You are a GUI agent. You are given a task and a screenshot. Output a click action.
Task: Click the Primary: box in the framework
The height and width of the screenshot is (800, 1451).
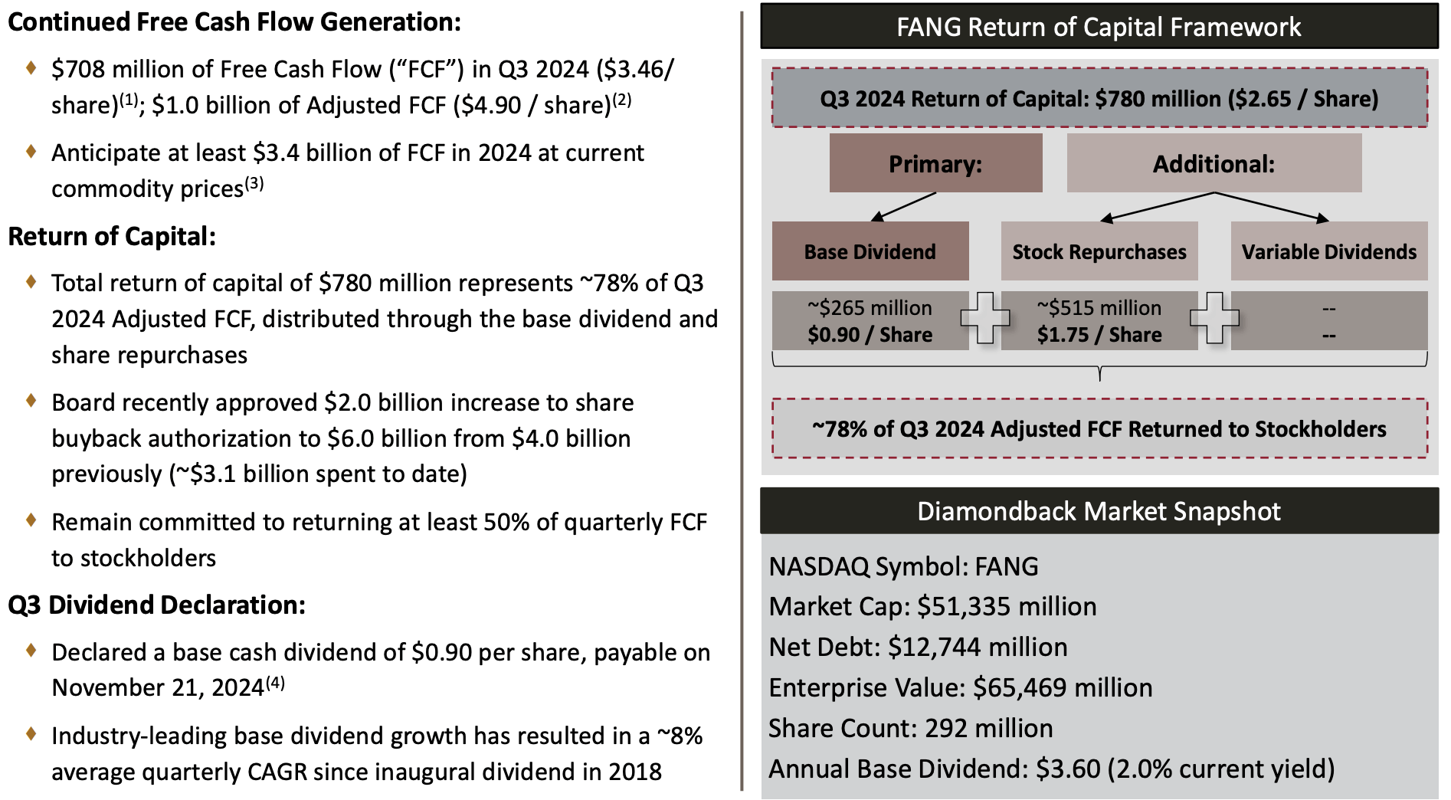click(x=935, y=163)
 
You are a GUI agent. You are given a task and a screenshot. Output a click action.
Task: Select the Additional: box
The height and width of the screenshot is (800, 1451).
click(x=1214, y=163)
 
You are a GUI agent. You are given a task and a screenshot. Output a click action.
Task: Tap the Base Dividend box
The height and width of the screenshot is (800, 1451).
click(x=870, y=251)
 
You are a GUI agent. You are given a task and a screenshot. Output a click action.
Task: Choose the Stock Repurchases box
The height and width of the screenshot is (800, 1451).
click(x=1099, y=251)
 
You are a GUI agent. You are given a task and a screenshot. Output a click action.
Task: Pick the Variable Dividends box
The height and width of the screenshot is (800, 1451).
click(x=1328, y=251)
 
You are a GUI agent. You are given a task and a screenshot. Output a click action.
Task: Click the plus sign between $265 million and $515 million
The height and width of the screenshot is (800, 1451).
click(x=985, y=317)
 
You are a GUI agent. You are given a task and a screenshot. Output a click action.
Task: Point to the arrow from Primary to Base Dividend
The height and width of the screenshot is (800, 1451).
click(x=904, y=207)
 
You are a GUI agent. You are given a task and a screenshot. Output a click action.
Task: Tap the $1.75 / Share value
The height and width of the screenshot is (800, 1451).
click(x=1099, y=335)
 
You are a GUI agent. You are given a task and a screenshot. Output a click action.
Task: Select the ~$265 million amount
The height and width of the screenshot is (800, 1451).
click(x=870, y=308)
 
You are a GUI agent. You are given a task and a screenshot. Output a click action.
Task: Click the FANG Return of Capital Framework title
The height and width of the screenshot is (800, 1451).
click(x=1099, y=27)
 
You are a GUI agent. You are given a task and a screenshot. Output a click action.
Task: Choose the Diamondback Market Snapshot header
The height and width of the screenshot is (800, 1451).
click(x=1099, y=511)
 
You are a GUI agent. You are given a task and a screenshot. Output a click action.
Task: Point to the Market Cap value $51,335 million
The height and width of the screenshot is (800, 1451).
click(x=1006, y=607)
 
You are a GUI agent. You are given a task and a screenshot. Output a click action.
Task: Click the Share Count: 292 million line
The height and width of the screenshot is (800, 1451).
click(x=910, y=728)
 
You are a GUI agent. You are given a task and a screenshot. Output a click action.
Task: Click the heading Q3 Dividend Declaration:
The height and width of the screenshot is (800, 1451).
click(x=156, y=605)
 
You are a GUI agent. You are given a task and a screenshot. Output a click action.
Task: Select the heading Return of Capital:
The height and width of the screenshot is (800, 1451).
click(x=112, y=237)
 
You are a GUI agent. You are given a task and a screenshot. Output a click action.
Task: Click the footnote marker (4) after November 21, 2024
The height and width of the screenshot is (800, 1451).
click(x=275, y=682)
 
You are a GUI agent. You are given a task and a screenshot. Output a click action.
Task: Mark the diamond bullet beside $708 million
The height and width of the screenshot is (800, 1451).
click(x=31, y=67)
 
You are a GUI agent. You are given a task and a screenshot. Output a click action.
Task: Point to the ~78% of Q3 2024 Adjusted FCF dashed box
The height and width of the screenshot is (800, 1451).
click(x=1099, y=428)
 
